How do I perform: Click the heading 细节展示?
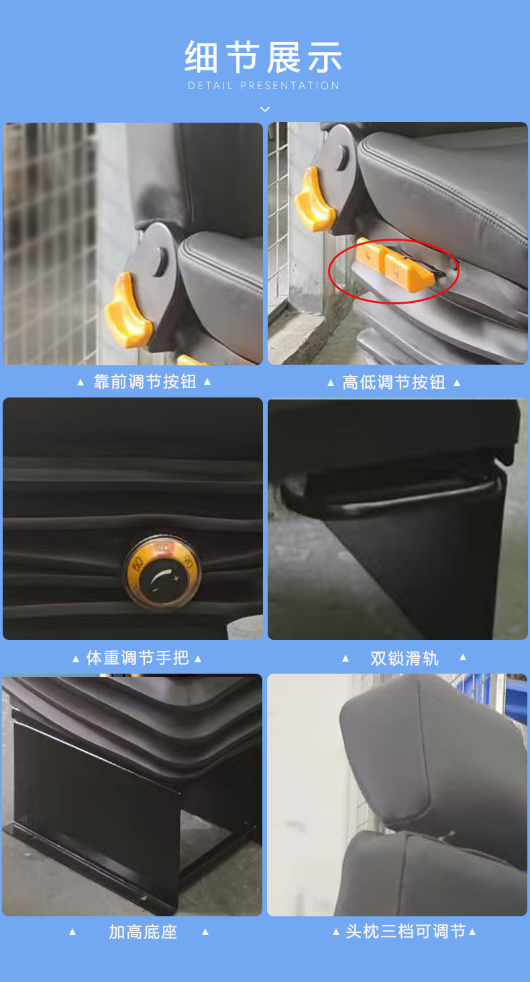point(264,57)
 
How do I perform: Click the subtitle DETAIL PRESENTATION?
point(264,86)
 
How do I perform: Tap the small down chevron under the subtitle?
point(265,109)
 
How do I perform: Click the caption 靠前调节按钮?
point(144,382)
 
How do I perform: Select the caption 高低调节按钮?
point(394,383)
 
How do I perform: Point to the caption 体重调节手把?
point(138,658)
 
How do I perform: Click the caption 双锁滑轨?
point(404,658)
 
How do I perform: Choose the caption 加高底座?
point(142,932)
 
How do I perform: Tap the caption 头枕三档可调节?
point(405,932)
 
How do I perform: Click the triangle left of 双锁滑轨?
point(346,658)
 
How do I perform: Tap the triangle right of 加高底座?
point(205,932)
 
